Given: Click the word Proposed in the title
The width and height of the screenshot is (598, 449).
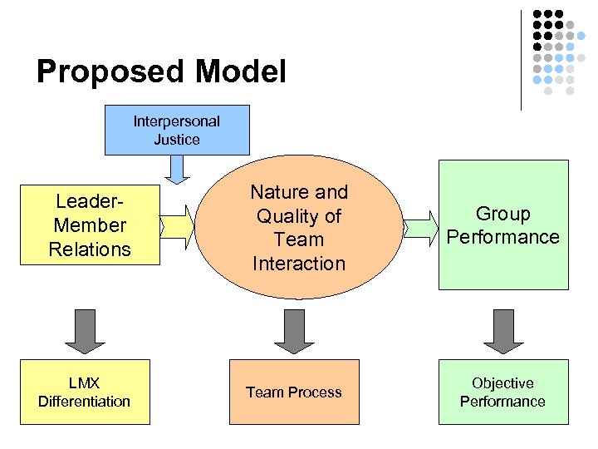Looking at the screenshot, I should click(110, 72).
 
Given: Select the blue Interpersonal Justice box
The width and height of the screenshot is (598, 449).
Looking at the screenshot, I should click(176, 130).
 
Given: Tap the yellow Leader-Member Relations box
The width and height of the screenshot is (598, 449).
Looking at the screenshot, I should click(89, 224).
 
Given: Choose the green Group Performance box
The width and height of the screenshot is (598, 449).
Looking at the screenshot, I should click(503, 225).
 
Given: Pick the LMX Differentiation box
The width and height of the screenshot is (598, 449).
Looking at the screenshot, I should click(85, 392).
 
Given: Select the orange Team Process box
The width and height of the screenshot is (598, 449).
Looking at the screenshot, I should click(294, 392).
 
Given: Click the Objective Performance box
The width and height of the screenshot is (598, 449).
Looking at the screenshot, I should click(503, 392).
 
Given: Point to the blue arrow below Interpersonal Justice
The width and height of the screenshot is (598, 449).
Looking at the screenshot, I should click(176, 169).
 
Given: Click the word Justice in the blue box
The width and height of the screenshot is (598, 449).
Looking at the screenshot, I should click(176, 139).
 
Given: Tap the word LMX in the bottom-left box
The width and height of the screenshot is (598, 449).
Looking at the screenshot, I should click(85, 382).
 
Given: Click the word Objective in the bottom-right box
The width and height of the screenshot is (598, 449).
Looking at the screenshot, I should click(502, 382).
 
